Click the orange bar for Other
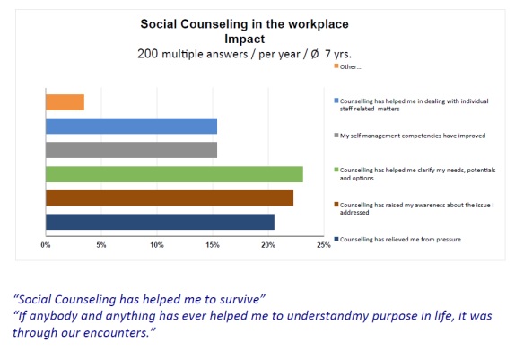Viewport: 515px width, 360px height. coord(65,102)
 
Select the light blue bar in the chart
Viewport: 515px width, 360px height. coord(131,127)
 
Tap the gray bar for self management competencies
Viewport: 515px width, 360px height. coord(131,150)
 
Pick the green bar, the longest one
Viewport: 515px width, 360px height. coord(174,174)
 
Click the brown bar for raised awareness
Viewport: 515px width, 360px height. coord(170,198)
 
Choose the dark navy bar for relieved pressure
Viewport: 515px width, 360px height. coord(160,222)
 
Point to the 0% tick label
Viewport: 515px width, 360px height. coord(46,245)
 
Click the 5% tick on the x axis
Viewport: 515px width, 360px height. coord(101,245)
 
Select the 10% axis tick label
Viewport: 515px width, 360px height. coord(157,245)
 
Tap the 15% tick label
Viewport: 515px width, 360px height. coord(213,245)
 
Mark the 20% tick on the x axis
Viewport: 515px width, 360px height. coord(268,245)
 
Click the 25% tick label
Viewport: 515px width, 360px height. coord(324,245)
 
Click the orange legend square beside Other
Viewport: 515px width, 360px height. coord(336,66)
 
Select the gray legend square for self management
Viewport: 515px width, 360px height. coord(336,136)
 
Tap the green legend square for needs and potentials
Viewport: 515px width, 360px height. coord(336,170)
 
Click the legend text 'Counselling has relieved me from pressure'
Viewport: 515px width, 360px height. coord(400,240)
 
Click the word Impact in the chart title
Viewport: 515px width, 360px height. coord(244,39)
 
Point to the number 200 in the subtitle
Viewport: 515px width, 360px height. coord(148,54)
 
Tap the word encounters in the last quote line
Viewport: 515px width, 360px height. coord(117,333)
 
